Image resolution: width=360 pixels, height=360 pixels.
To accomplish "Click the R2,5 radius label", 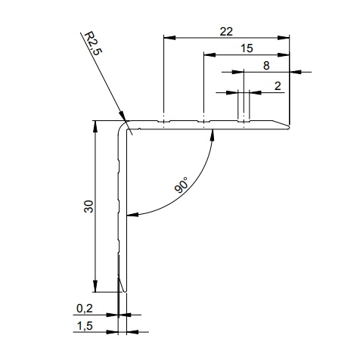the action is coord(93,44).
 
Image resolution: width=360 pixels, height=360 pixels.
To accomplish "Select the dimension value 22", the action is coord(226,32).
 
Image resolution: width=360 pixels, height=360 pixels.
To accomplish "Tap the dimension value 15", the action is coord(247,48).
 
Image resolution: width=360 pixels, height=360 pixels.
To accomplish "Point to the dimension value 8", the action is coord(266,66).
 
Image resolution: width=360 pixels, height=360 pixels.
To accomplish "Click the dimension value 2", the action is coord(278,86).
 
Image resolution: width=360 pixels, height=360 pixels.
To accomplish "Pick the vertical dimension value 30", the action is coord(89,206).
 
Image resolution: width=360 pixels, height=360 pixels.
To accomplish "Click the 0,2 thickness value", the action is coord(85,309).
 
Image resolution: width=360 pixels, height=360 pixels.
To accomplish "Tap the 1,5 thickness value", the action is coord(85,326).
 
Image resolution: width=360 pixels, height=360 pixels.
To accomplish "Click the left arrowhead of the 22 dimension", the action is coord(169,38).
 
